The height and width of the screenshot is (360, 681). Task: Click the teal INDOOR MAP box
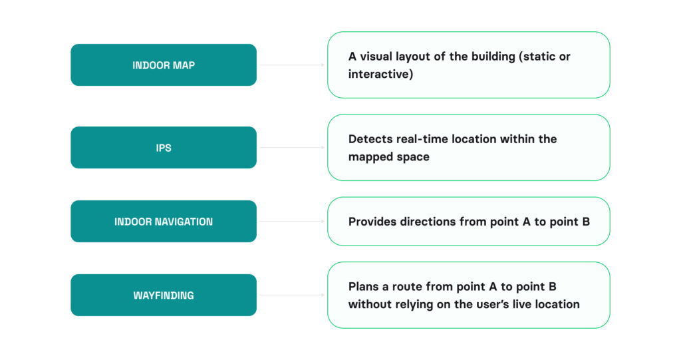pyautogui.click(x=163, y=65)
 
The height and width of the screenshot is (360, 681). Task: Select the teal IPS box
pyautogui.click(x=163, y=148)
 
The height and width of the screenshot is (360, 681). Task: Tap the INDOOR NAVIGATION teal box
pyautogui.click(x=163, y=222)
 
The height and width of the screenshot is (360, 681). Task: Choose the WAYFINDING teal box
pyautogui.click(x=163, y=295)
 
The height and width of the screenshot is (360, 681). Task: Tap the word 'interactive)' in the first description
pyautogui.click(x=380, y=74)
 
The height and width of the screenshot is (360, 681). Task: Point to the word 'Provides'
pyautogui.click(x=373, y=222)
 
